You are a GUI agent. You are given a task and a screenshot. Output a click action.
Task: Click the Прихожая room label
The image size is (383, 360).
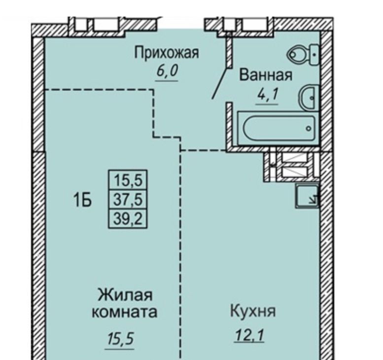pos(167,53)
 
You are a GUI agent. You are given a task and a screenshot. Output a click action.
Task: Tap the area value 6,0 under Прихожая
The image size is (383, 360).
pos(167,71)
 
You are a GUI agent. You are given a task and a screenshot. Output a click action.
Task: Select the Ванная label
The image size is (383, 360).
pos(266,75)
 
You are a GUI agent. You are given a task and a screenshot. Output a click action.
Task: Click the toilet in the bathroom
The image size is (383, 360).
pos(303,55)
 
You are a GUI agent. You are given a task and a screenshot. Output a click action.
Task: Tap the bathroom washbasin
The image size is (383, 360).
pos(309,98)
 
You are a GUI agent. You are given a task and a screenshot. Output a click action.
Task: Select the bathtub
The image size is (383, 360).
pos(279,128)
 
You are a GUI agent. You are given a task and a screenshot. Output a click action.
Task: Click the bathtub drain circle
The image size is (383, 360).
pos(309,128)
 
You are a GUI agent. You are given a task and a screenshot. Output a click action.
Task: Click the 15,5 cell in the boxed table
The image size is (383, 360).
pos(128,180)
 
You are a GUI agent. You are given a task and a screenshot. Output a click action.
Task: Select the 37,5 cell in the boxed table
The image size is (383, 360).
pos(128,199)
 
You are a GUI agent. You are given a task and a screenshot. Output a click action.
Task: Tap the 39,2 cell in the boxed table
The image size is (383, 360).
pos(128,218)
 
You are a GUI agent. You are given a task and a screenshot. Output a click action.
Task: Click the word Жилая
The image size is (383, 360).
pos(125,295)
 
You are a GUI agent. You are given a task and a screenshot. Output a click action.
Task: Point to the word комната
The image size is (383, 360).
pos(125,312)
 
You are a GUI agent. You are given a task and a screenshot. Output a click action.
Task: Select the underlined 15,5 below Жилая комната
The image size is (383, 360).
pos(120,339)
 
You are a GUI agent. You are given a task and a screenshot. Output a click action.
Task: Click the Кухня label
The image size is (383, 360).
pos(253,311)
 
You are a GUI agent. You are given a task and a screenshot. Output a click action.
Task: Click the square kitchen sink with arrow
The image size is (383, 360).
pos(307,196)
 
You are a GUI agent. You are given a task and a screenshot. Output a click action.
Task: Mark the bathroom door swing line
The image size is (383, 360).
pos(221,83)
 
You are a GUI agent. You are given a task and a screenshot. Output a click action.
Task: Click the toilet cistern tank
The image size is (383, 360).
pos(314,55)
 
